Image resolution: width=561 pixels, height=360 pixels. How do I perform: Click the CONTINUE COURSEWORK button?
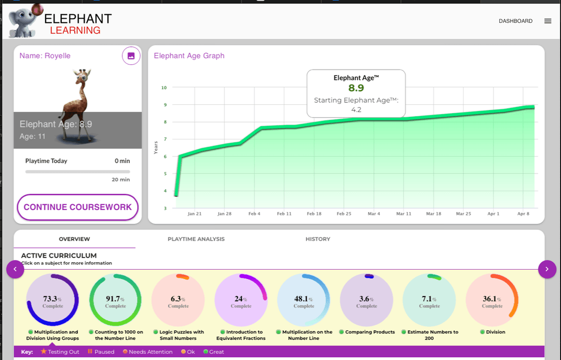(77, 207)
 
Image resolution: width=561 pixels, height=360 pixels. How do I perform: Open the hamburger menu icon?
(547, 21)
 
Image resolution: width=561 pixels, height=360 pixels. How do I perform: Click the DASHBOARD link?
(515, 21)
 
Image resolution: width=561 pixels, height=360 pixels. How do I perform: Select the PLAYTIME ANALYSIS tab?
(196, 239)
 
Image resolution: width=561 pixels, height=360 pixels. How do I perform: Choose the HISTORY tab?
(317, 239)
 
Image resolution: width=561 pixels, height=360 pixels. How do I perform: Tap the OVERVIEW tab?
(74, 239)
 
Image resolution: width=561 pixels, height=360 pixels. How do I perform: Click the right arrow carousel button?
(547, 269)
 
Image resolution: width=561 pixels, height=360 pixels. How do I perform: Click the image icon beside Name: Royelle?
(131, 56)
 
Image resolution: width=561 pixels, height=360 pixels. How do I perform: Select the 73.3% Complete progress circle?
(52, 300)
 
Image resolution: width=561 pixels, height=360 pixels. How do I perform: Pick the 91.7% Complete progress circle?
(115, 300)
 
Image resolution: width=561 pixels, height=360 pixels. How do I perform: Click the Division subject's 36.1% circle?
(492, 300)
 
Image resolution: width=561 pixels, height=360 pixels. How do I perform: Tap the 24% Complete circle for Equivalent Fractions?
(241, 300)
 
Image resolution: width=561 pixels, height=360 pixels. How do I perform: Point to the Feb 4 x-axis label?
(255, 214)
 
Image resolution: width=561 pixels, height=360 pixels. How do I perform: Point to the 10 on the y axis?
(164, 88)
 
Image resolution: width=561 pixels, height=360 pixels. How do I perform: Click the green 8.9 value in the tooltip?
(356, 88)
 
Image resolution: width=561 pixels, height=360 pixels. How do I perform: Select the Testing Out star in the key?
(44, 352)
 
